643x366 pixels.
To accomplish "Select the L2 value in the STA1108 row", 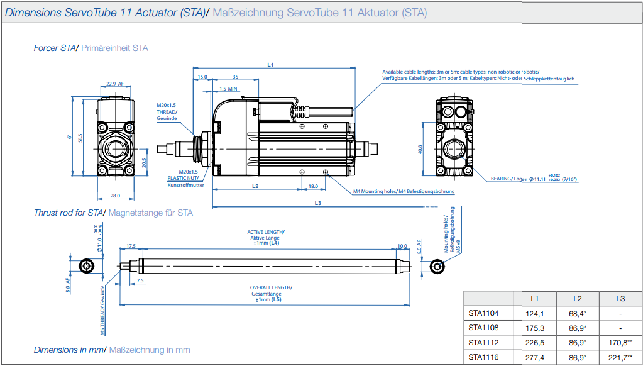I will tap(578, 328).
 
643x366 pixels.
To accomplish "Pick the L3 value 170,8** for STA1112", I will tap(620, 343).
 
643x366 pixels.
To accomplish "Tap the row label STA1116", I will tap(483, 357).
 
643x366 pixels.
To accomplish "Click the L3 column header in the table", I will tap(620, 297).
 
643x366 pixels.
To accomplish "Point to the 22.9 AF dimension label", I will tap(114, 83).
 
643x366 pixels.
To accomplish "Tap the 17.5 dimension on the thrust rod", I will tap(131, 246).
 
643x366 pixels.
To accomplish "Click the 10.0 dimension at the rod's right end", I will tap(402, 246).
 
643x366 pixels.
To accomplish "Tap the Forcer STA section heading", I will tap(55, 48).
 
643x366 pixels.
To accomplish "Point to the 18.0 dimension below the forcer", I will tap(313, 186).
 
